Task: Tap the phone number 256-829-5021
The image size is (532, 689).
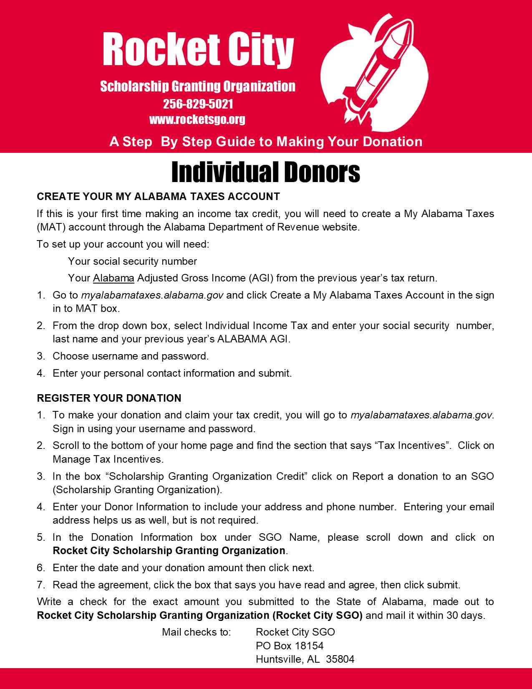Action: coord(198,104)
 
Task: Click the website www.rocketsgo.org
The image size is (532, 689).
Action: coord(197,119)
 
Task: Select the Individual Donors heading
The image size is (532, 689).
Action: coord(266,172)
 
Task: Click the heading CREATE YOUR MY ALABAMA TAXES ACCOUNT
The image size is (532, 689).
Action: coord(158,196)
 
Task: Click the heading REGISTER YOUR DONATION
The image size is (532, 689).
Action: coord(109,398)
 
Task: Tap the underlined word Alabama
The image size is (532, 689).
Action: coord(113,278)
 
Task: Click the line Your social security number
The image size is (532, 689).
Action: coord(132,261)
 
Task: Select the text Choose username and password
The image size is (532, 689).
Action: coord(130,356)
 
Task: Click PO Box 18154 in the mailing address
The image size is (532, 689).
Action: coord(290,646)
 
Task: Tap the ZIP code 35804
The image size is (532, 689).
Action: coord(340,659)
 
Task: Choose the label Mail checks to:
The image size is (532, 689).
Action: coord(196,632)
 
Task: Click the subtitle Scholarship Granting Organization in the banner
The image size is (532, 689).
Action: coord(198,86)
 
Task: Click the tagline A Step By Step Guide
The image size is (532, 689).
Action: coord(266,142)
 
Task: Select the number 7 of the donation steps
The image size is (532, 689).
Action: coord(40,585)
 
